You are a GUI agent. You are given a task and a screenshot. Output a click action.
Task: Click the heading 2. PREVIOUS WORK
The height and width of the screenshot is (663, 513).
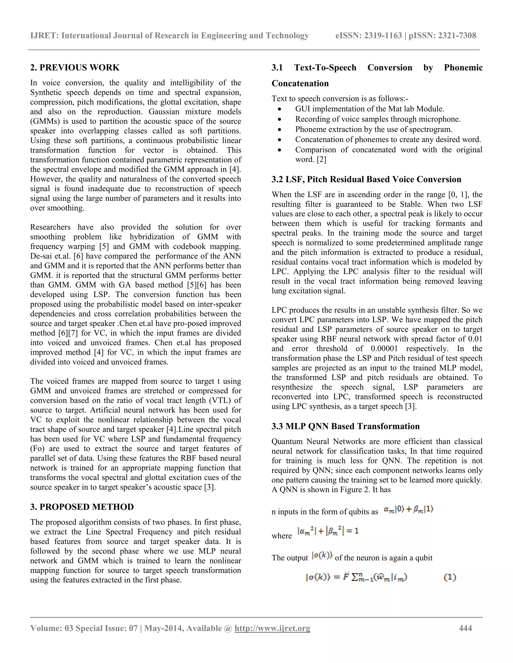click(75, 67)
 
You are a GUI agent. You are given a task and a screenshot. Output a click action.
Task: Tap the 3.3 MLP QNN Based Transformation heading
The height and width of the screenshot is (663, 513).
click(345, 426)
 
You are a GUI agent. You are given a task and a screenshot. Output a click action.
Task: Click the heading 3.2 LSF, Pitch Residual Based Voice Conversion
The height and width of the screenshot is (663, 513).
click(366, 179)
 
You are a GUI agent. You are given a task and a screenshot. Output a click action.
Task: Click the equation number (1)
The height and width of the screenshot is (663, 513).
click(450, 577)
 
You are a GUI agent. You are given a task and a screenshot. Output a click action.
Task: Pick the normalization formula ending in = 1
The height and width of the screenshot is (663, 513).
click(328, 531)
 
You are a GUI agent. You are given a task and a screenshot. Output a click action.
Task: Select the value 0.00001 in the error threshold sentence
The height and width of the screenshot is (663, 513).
click(384, 349)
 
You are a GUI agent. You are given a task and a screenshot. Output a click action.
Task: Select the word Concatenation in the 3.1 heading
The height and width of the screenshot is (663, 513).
click(300, 84)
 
